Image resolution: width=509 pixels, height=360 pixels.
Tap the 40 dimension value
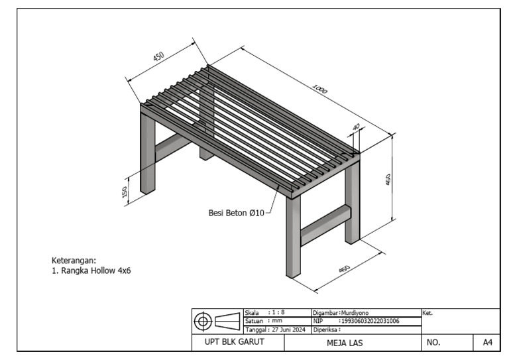click(x=357, y=127)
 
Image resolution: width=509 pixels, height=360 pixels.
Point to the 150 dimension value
click(x=124, y=192)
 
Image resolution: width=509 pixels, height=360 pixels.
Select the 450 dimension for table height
click(x=389, y=179)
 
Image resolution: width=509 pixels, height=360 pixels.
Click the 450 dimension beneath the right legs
click(x=345, y=269)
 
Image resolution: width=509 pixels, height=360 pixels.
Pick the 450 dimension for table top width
click(x=158, y=56)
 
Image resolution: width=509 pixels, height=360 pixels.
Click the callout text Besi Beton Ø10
click(x=236, y=213)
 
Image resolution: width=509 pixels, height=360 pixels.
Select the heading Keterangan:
click(x=74, y=260)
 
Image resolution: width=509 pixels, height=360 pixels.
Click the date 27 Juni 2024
click(x=288, y=329)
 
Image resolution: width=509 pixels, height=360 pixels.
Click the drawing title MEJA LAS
click(x=345, y=343)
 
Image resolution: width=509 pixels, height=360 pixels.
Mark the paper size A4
click(x=487, y=343)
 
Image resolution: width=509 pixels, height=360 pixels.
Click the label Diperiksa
click(x=326, y=329)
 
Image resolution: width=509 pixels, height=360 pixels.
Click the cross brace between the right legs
click(x=325, y=222)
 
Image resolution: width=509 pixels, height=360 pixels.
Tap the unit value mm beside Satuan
click(x=277, y=320)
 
